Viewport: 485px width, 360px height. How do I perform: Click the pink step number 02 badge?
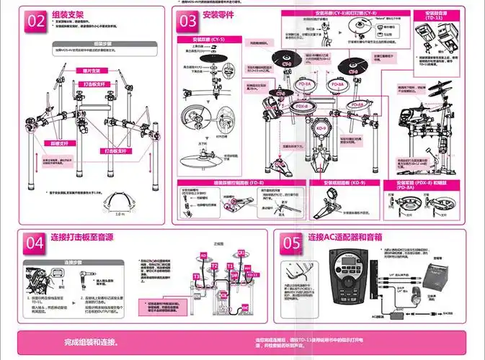36,21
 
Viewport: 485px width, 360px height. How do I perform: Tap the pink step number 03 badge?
188,21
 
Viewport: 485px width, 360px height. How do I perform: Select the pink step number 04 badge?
35,243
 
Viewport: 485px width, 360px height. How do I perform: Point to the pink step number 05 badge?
291,243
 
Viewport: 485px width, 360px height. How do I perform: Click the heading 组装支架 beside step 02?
68,14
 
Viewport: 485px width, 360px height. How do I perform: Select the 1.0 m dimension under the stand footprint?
120,214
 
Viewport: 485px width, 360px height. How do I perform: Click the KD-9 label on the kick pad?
322,128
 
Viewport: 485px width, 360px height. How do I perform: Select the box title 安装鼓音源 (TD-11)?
438,16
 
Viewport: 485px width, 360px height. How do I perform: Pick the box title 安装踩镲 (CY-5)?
208,39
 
